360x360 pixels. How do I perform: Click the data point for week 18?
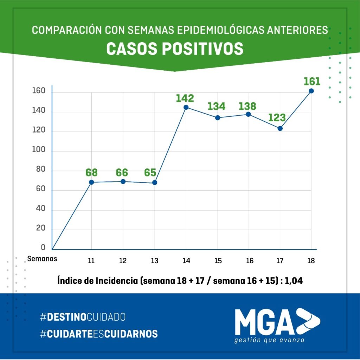coord(311,91)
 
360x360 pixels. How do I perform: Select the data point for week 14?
coord(186,107)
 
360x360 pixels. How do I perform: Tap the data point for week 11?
coord(91,182)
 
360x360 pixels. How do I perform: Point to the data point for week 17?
coord(280,128)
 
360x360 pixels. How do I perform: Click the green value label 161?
coord(312,82)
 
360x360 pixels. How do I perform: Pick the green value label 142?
coord(185,98)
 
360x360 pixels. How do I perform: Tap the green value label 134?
coord(217,106)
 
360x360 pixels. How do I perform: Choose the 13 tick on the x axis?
coord(154,261)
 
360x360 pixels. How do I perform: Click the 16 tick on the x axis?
coord(250,261)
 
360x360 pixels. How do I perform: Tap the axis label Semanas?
coord(42,259)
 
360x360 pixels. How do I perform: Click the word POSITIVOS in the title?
coord(203,49)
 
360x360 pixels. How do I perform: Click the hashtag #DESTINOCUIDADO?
coord(83,317)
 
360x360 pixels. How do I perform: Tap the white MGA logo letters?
coord(264,322)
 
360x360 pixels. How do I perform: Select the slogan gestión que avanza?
coord(269,340)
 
